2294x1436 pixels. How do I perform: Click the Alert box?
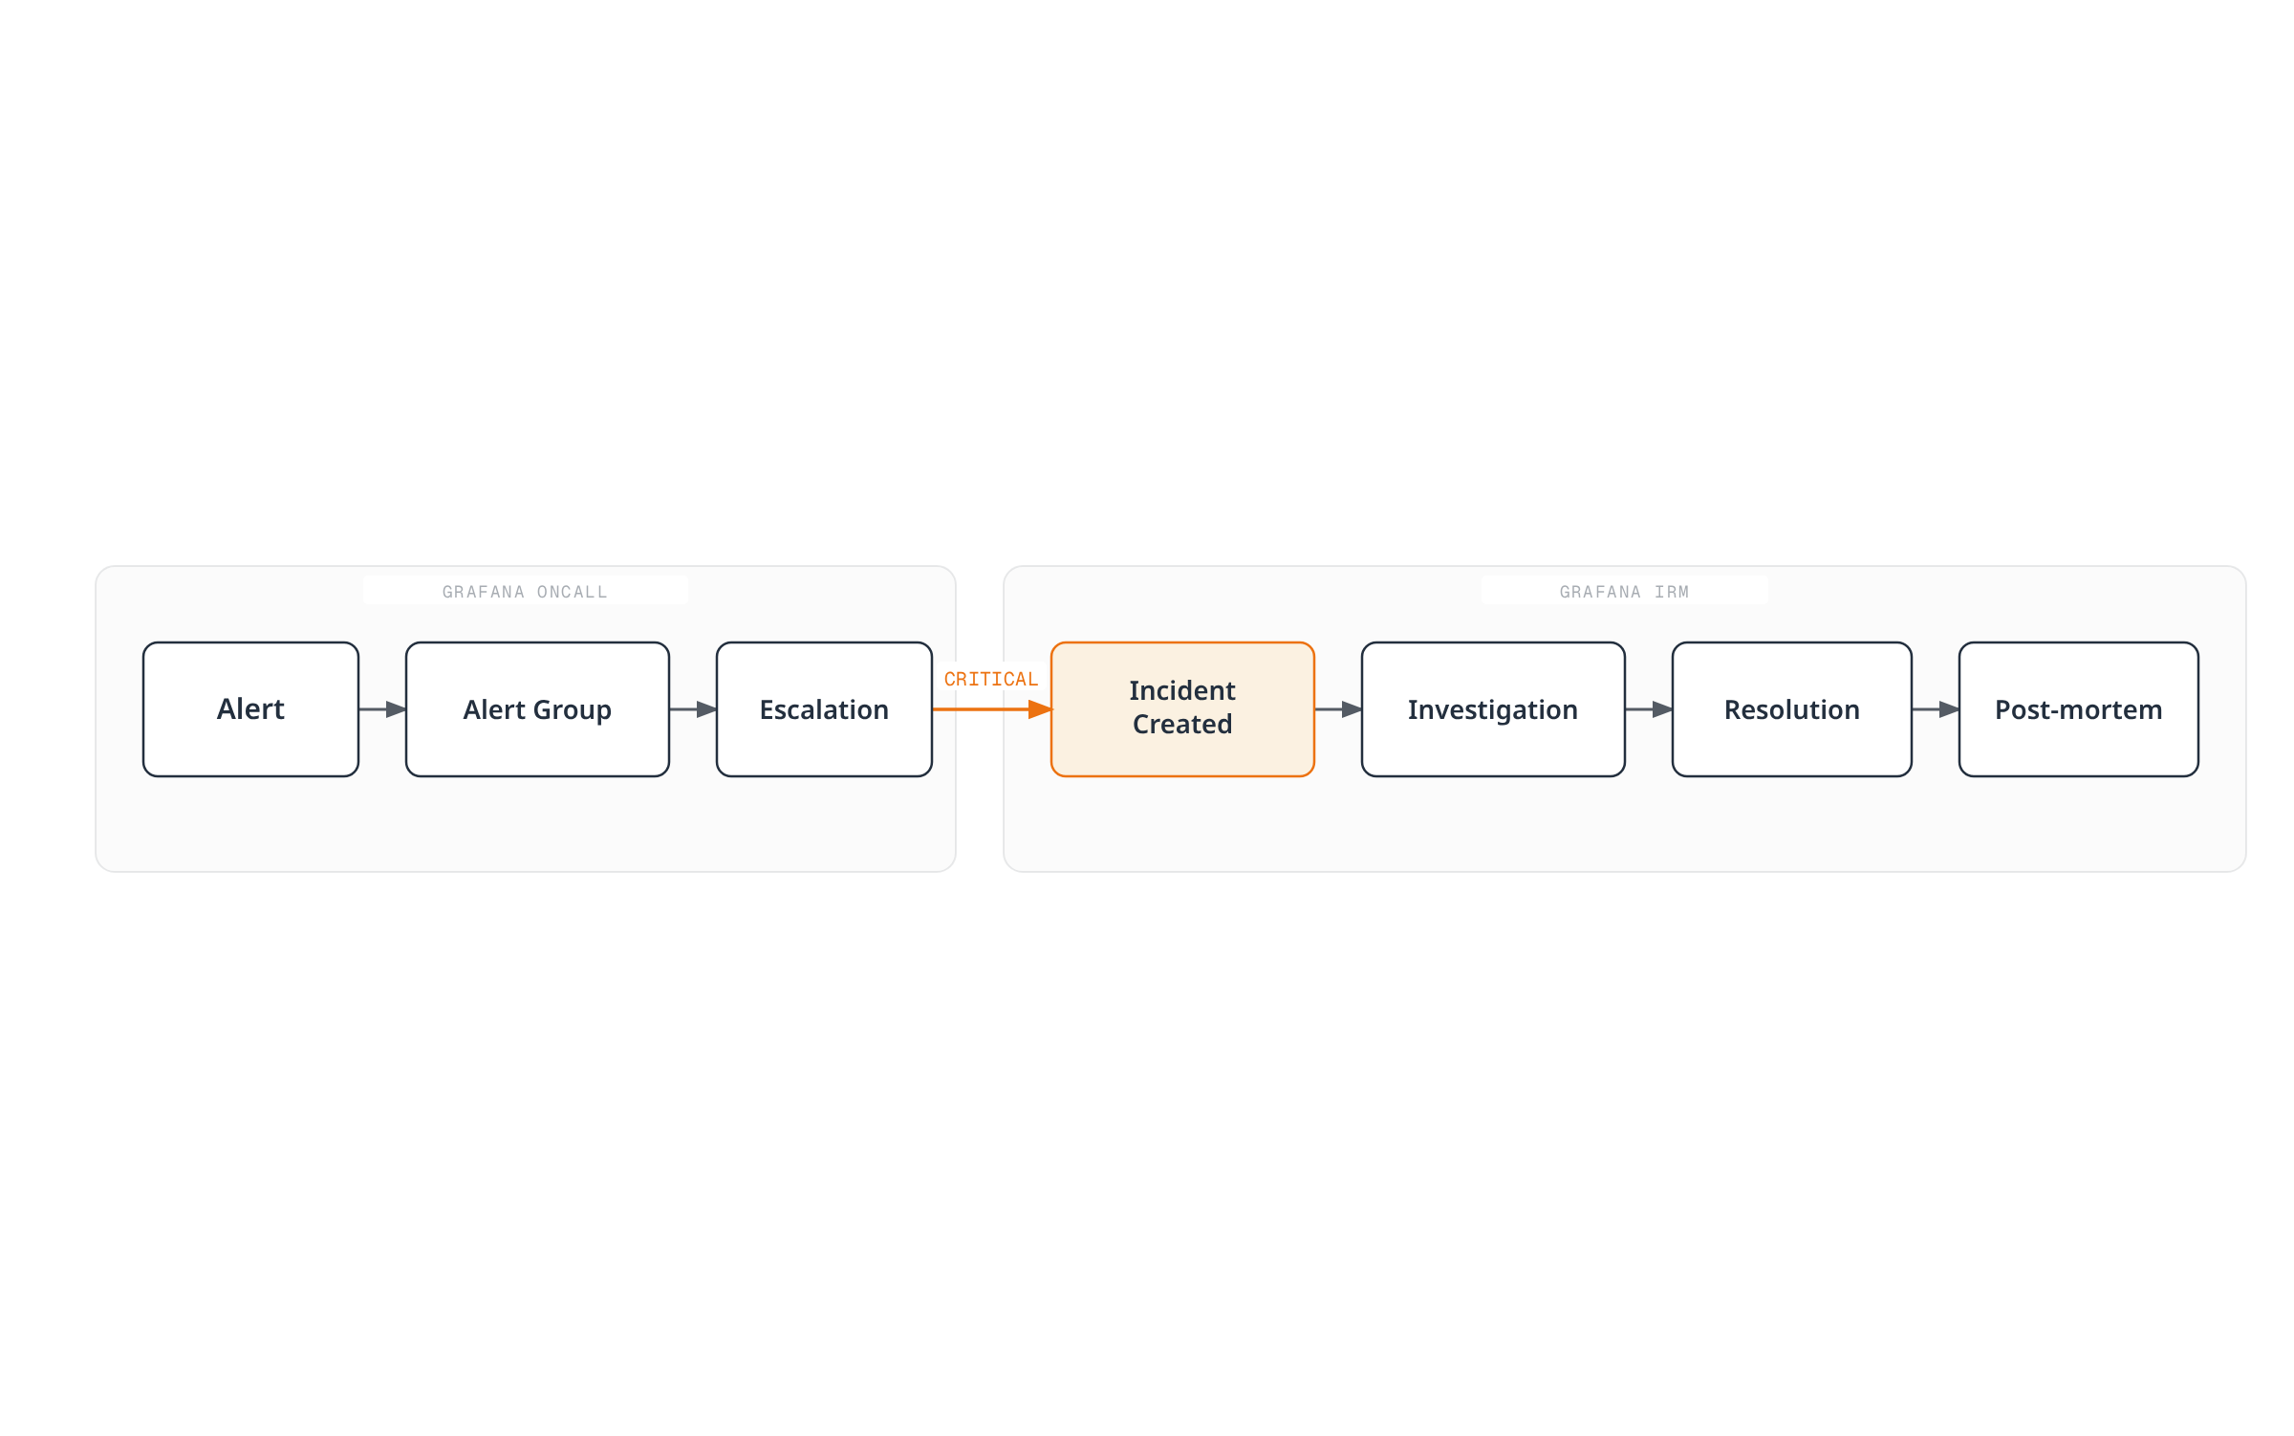tap(250, 709)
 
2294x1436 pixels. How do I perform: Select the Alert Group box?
tap(537, 709)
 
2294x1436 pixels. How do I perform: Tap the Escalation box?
tap(824, 709)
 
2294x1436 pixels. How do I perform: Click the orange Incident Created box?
tap(1182, 709)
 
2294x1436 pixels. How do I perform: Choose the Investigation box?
tap(1493, 709)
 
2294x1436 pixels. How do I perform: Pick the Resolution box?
tap(1792, 709)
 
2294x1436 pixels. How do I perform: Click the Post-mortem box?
tap(2079, 709)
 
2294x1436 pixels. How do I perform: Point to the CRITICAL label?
tap(991, 680)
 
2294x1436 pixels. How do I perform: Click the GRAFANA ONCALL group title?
tap(525, 592)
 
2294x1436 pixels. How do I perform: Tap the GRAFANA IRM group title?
tap(1624, 592)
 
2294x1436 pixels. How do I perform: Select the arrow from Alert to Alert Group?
tap(382, 709)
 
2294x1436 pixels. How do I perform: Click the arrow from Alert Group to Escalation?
tap(693, 709)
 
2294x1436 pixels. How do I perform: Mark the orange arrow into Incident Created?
tap(992, 709)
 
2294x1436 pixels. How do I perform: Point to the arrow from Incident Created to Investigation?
tap(1338, 709)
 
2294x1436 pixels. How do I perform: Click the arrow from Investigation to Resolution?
tap(1649, 709)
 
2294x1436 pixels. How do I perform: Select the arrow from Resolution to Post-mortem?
tap(1936, 709)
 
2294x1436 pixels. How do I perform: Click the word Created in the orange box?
tap(1182, 725)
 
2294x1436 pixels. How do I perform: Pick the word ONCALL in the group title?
tap(572, 592)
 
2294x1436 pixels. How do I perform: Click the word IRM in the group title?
tap(1672, 592)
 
